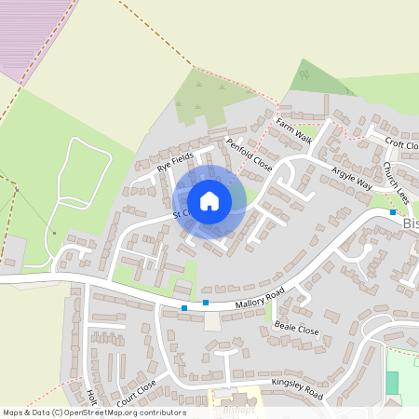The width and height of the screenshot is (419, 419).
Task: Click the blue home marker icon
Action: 209,200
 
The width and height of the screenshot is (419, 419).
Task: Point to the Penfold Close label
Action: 249,154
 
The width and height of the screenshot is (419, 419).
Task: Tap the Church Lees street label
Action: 396,183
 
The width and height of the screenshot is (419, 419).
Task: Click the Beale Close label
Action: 296,329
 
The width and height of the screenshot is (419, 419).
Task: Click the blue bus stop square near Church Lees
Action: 393,212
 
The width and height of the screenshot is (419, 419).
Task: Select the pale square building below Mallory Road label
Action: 213,320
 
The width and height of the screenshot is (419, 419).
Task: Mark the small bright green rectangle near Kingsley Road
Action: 392,382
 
